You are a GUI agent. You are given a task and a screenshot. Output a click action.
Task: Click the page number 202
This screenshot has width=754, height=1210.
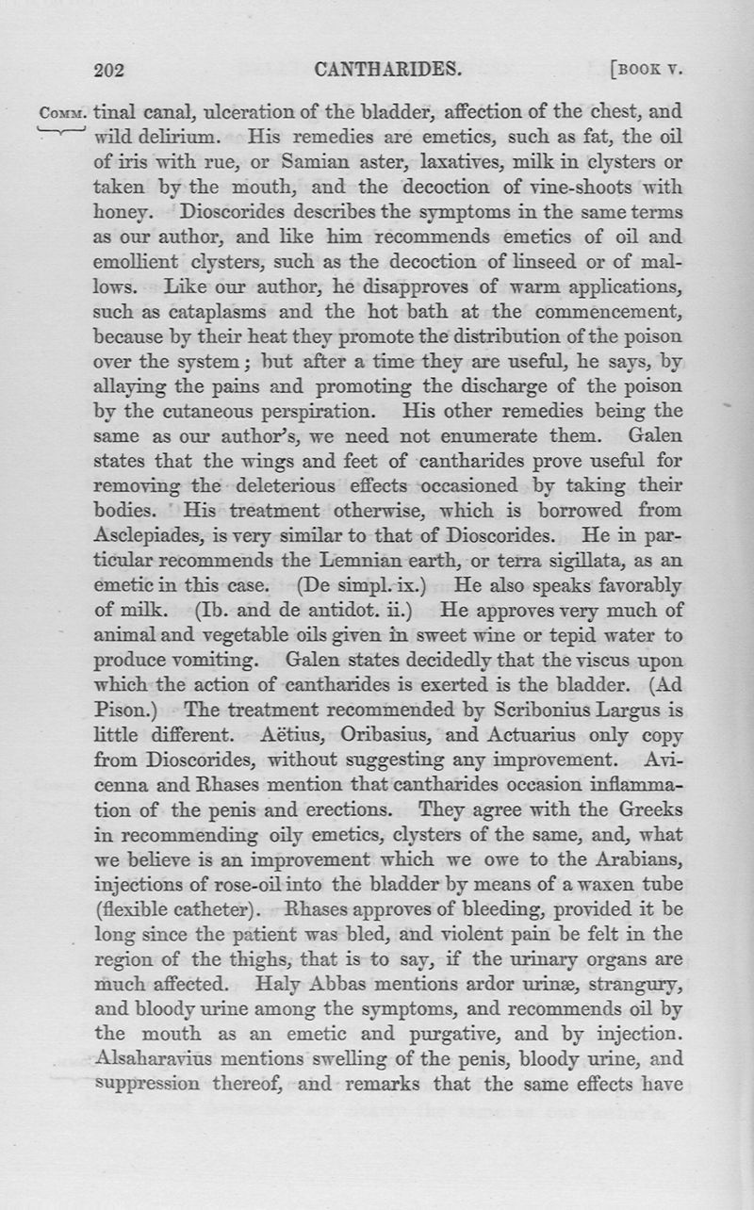pyautogui.click(x=111, y=69)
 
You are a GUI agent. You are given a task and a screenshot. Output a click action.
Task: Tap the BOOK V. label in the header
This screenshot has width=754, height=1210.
pyautogui.click(x=646, y=69)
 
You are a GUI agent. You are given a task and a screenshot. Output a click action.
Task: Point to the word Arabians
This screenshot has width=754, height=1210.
pyautogui.click(x=631, y=856)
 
